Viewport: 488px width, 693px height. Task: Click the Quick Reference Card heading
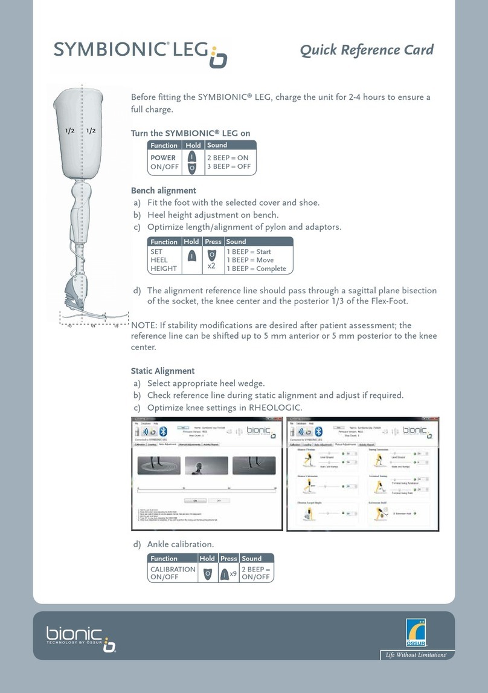point(367,50)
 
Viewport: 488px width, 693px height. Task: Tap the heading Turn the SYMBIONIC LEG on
point(190,133)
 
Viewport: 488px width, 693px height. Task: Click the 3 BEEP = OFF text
point(230,166)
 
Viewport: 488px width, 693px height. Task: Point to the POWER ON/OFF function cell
point(163,162)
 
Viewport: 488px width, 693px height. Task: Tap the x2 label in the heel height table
point(212,265)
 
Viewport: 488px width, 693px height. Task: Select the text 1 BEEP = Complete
point(257,268)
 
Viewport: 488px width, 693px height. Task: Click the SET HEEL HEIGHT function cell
point(164,260)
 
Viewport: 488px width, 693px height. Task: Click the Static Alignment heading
point(162,371)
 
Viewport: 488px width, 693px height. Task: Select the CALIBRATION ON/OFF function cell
point(173,573)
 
